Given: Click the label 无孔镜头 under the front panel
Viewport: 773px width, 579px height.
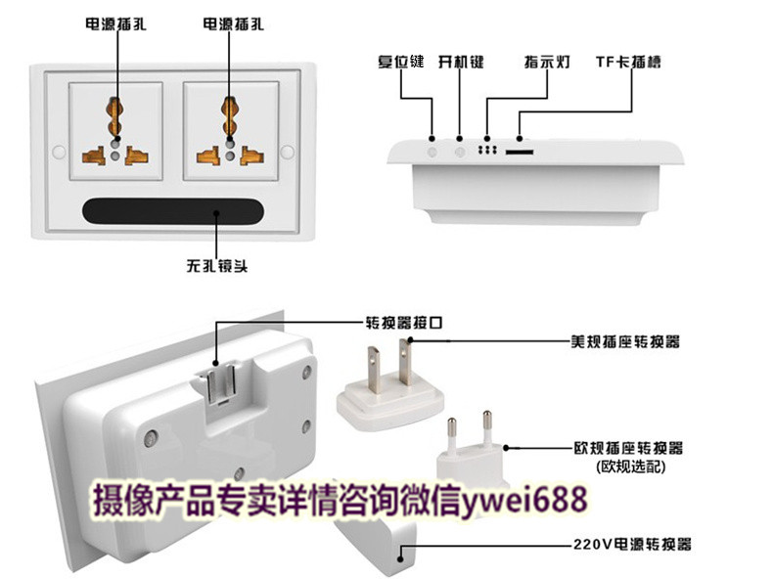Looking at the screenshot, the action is pos(217,266).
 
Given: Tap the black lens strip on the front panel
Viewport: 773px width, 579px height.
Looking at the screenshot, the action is pos(173,212).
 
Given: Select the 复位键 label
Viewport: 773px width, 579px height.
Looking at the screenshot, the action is pos(401,62).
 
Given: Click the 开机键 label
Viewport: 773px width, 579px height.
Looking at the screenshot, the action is pos(461,62).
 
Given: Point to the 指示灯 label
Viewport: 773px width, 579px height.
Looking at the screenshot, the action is pos(547,62).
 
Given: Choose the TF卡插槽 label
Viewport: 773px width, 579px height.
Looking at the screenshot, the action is pos(628,62).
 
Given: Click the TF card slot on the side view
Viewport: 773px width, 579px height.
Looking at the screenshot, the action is pos(520,152).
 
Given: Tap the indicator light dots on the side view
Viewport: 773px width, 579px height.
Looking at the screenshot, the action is pos(487,150).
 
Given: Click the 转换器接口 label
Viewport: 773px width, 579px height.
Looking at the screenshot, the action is pos(404,323).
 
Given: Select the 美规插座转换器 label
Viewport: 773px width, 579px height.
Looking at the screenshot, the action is pos(625,341).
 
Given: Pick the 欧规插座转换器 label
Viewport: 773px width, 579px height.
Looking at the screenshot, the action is pos(628,448).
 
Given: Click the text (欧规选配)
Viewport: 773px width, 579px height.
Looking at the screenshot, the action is pos(630,467).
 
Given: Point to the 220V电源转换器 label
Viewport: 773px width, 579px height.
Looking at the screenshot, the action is pos(632,545).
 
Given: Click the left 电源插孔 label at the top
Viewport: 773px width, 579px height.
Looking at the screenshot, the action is pos(115,24).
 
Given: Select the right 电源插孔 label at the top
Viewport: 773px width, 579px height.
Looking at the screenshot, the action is pos(234,24).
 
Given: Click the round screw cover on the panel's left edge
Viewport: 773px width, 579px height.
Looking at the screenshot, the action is pos(59,152).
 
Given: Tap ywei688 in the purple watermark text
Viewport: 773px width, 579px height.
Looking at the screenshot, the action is pos(525,500).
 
